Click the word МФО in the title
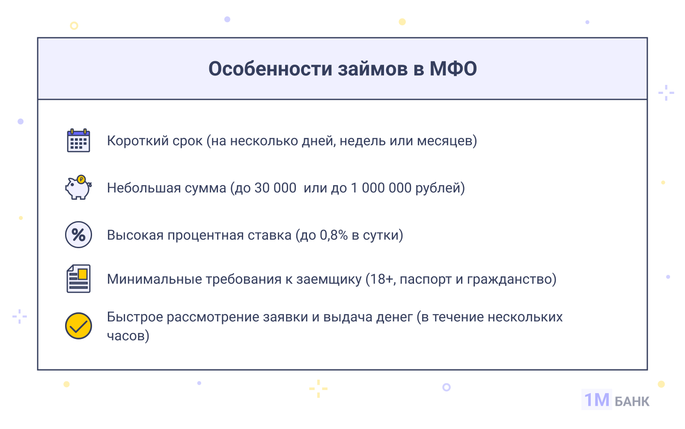pyautogui.click(x=453, y=69)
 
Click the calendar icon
pyautogui.click(x=78, y=140)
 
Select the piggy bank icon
pyautogui.click(x=78, y=187)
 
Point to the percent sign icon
pyautogui.click(x=78, y=234)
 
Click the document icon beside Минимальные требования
pyautogui.click(x=78, y=279)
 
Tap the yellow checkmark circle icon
pyautogui.click(x=78, y=326)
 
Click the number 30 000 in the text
pyautogui.click(x=275, y=188)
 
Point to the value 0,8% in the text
pyautogui.click(x=334, y=235)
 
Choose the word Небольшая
pyautogui.click(x=146, y=188)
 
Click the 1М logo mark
pyautogui.click(x=597, y=399)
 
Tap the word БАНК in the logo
pyautogui.click(x=632, y=402)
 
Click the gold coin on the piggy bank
pyautogui.click(x=81, y=179)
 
